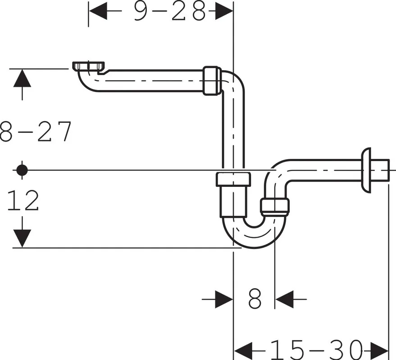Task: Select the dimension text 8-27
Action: tap(35, 131)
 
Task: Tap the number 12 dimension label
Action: tap(23, 200)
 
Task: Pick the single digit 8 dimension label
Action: tap(255, 299)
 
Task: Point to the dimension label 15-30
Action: tap(316, 350)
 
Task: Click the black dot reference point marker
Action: tap(22, 170)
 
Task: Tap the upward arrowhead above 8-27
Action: tap(22, 78)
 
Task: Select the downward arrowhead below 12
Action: tap(22, 238)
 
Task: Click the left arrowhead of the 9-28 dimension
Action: tap(98, 11)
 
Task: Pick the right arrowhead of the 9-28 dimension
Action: tap(224, 11)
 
